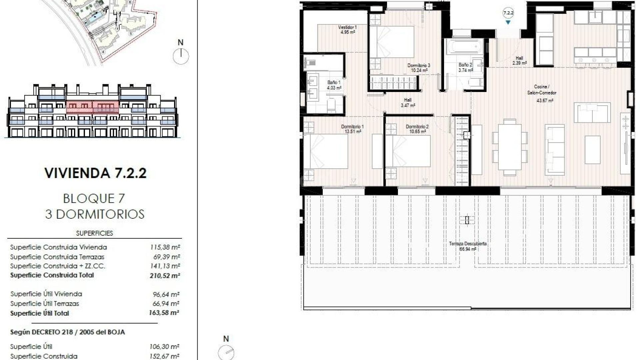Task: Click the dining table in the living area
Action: pos(510,147)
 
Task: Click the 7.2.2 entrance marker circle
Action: pos(508,13)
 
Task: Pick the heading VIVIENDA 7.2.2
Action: pos(95,173)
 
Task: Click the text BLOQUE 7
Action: pos(94,199)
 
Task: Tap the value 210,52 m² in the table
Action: pos(165,276)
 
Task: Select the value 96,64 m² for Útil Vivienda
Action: pos(166,294)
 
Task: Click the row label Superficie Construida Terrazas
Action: pos(57,257)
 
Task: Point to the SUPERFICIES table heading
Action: pos(94,233)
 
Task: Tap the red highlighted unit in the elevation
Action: pos(92,107)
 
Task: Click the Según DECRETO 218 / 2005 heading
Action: pos(67,332)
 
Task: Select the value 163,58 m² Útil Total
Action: pos(164,313)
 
